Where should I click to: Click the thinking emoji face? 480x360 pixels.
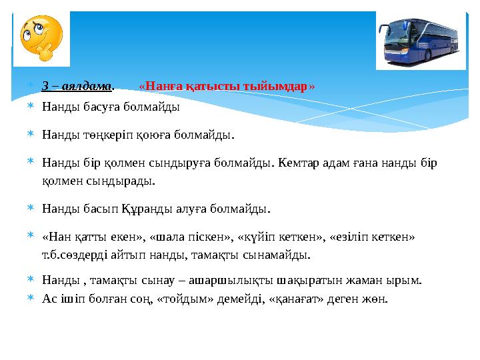point(41,39)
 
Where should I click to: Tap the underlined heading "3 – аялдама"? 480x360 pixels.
point(77,87)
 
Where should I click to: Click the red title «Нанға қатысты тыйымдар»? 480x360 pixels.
point(227,87)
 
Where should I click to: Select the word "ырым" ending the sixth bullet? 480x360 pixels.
point(407,281)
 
